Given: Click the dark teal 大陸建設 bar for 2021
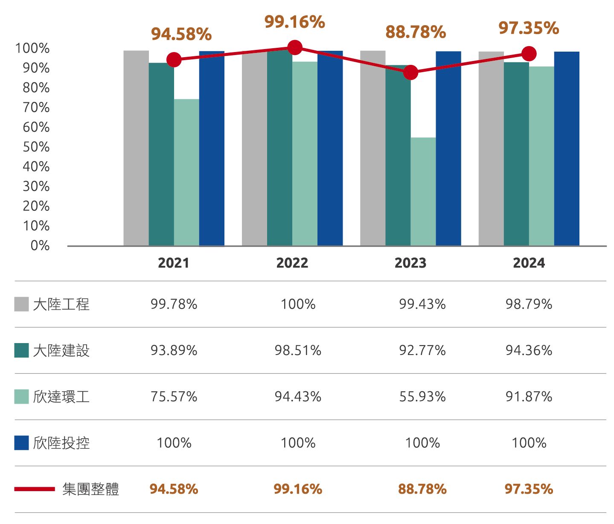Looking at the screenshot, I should tap(161, 154).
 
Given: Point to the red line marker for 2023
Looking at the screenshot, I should tap(410, 73).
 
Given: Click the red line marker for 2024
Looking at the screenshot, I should tap(529, 54).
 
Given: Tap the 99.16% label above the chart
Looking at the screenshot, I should tap(295, 22).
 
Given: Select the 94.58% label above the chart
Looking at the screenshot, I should tap(181, 34).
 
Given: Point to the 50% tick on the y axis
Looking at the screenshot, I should tap(36, 147).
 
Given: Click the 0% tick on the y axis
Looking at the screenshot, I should tap(40, 245).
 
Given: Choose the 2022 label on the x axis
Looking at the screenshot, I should tap(292, 263).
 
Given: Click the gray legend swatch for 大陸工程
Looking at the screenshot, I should tap(21, 304).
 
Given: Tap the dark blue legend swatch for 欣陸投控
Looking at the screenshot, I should tap(21, 442).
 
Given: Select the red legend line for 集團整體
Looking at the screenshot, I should tap(35, 489).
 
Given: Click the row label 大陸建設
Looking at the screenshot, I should tap(61, 351).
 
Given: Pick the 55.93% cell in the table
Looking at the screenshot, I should tap(422, 397).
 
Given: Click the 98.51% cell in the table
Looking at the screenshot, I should tap(298, 351).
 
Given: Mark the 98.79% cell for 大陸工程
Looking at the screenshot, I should tap(529, 304).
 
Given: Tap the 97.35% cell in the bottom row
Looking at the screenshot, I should tap(529, 489).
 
